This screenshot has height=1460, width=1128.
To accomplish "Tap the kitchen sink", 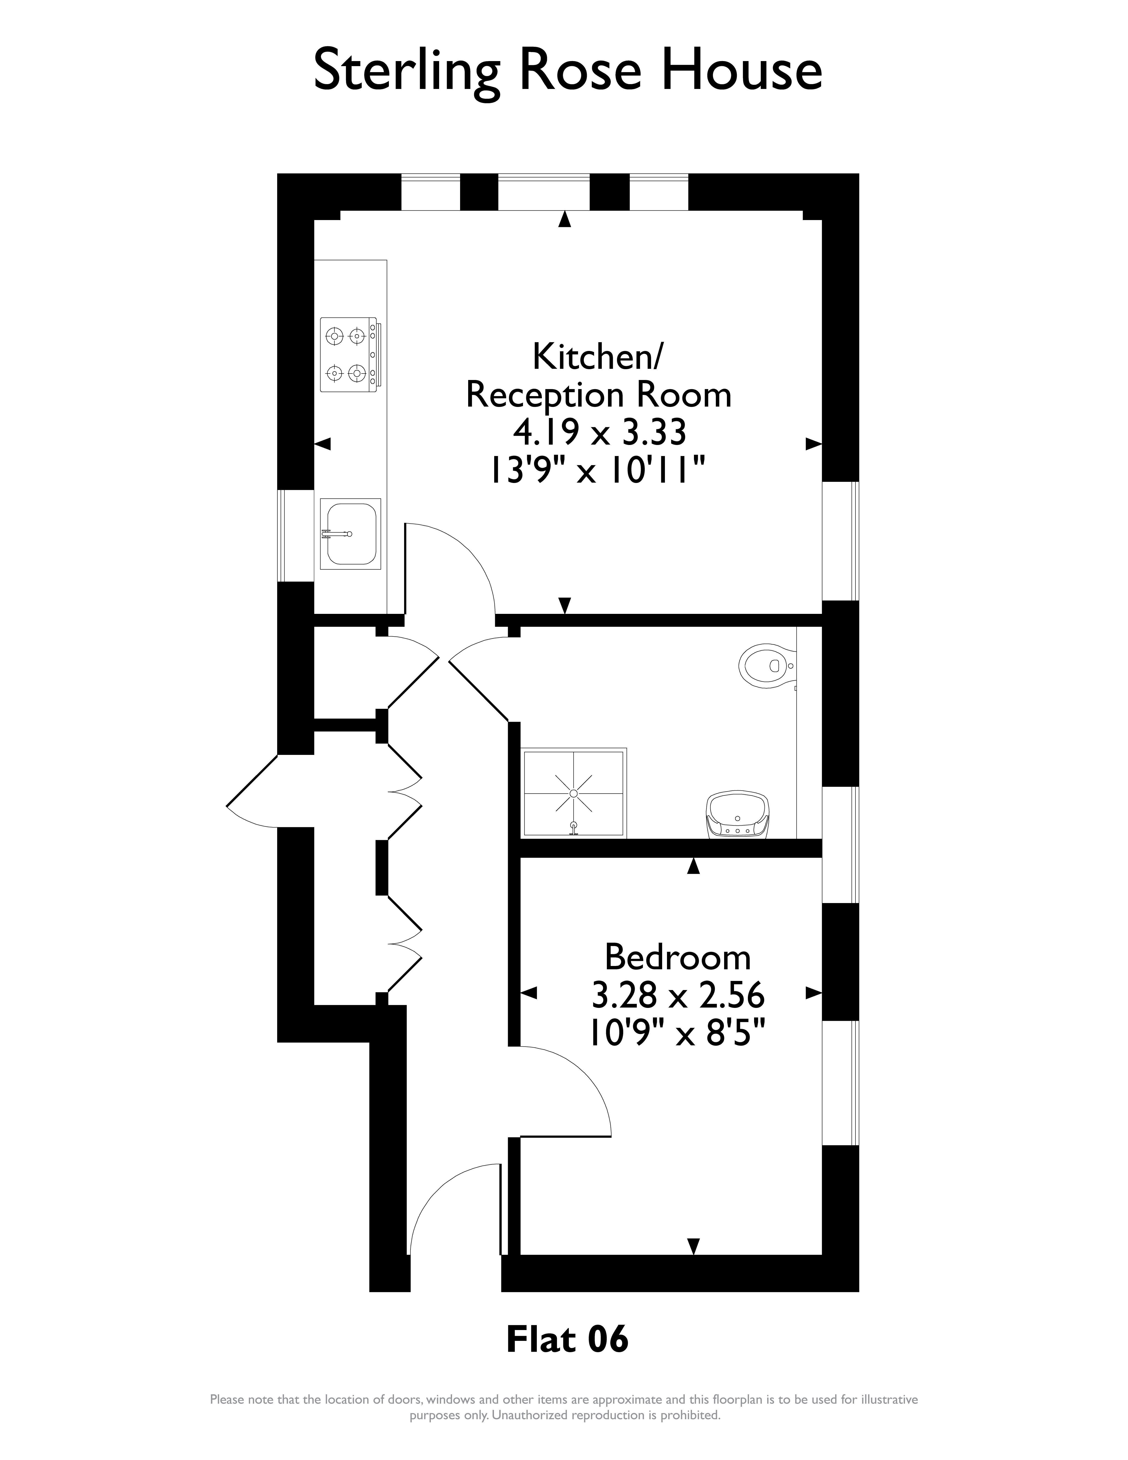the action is coord(350,533).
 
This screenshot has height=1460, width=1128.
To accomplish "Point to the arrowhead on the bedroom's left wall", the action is coord(529,993).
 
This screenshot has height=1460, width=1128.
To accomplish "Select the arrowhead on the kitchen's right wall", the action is coord(813,444).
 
